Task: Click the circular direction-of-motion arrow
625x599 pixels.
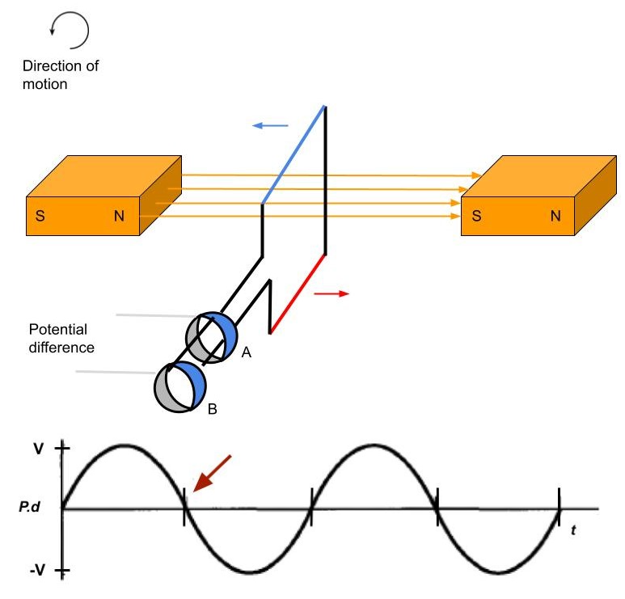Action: (x=70, y=31)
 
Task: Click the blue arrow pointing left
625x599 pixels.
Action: (x=270, y=125)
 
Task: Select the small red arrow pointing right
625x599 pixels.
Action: (x=332, y=293)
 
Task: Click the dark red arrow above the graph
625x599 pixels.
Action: (x=213, y=472)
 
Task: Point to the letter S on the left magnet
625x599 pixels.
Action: (x=39, y=217)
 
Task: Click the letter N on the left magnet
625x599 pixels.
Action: (x=120, y=217)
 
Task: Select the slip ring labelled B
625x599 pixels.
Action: (x=179, y=386)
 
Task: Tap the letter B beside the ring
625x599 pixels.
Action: (x=213, y=410)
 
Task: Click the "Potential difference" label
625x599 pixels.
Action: (x=57, y=338)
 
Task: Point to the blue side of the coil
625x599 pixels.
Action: (x=293, y=154)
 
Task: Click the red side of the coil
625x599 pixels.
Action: (x=298, y=294)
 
